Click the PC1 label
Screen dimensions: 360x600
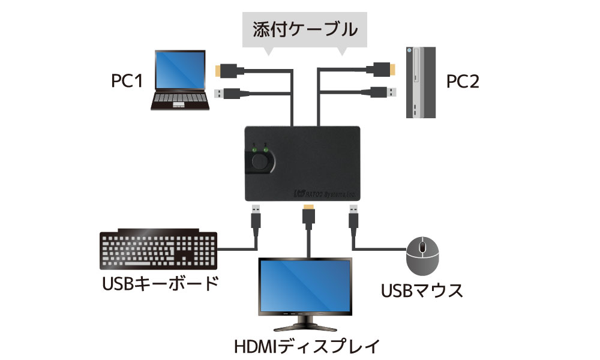coord(127,81)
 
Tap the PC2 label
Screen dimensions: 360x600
coord(463,81)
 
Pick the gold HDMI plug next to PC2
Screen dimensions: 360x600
coord(384,70)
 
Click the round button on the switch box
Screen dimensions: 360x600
coord(261,161)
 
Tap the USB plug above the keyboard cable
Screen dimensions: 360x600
coord(256,217)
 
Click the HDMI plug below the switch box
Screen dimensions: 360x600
coord(308,217)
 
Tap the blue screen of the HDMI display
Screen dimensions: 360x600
coord(305,285)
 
